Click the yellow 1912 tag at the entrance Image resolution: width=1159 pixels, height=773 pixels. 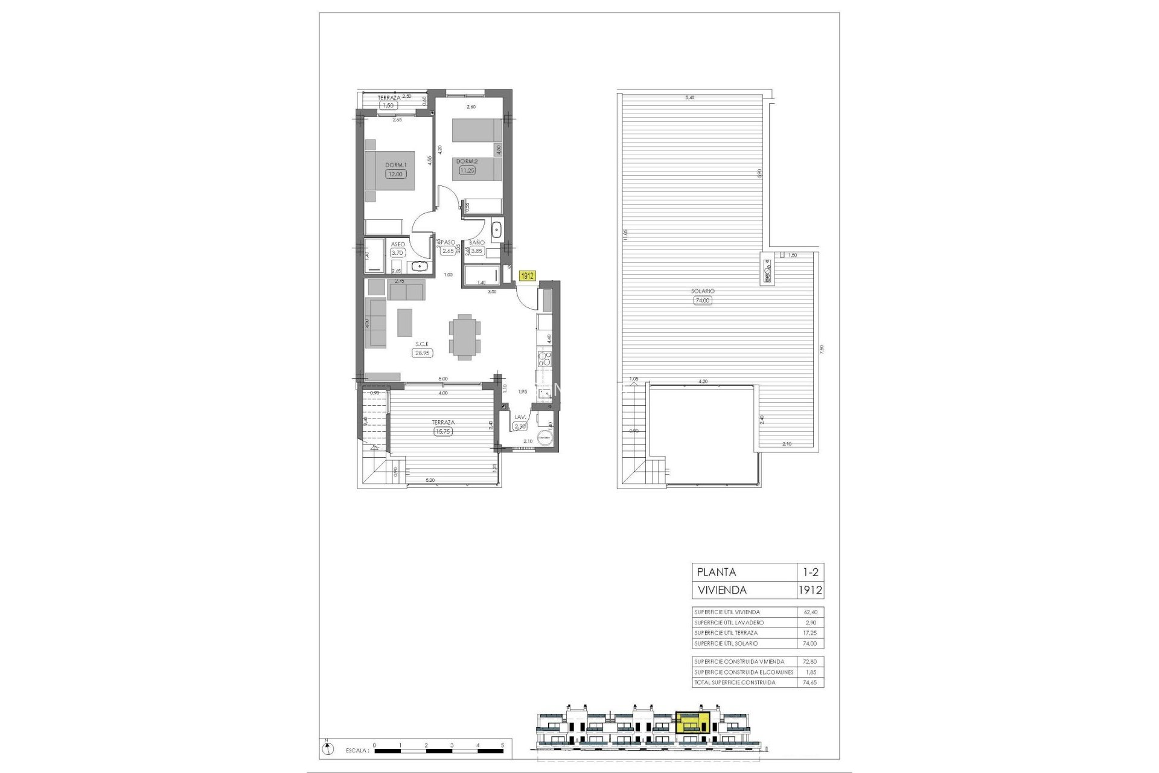(527, 275)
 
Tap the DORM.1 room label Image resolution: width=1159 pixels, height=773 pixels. (397, 164)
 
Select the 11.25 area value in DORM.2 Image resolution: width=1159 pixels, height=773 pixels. (467, 170)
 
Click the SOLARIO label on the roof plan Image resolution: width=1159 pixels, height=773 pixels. (703, 291)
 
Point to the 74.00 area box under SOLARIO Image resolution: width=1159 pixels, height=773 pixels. (703, 300)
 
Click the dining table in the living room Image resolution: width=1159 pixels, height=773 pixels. (465, 336)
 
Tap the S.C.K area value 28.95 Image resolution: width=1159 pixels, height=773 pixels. (422, 353)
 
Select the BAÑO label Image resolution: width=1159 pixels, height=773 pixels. (477, 242)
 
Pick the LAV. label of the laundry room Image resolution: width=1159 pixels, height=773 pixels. (520, 417)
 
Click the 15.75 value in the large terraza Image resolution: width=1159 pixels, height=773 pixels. (443, 432)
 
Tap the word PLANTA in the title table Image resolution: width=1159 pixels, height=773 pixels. (717, 572)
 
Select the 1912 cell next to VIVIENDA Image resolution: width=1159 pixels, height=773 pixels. (809, 590)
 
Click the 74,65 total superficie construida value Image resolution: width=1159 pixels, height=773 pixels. (809, 682)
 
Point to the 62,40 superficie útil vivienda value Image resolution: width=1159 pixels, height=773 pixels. (809, 612)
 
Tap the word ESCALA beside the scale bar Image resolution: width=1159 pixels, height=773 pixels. (357, 751)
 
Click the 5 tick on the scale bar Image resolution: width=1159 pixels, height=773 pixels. (502, 745)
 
